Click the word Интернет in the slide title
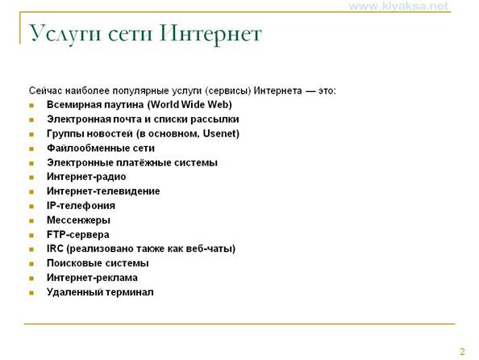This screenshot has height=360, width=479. (x=210, y=34)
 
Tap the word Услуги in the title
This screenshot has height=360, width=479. (x=65, y=34)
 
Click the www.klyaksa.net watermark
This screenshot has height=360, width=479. (x=398, y=6)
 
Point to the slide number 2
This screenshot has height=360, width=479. (x=462, y=351)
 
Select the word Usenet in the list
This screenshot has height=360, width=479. (x=219, y=133)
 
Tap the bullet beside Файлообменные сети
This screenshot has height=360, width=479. (x=31, y=149)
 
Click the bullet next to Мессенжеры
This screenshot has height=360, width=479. (x=31, y=221)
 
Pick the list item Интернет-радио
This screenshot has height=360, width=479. (x=86, y=177)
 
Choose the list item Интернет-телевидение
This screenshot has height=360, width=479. (x=103, y=191)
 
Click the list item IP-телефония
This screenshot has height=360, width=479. (x=81, y=206)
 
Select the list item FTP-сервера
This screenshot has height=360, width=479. (x=78, y=235)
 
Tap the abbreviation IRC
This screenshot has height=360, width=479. (x=55, y=249)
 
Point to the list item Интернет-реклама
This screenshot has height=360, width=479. (x=92, y=278)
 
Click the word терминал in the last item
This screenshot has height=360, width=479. (x=130, y=292)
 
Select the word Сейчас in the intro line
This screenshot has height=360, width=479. (x=45, y=90)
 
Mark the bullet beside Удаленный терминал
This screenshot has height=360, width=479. (x=31, y=293)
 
